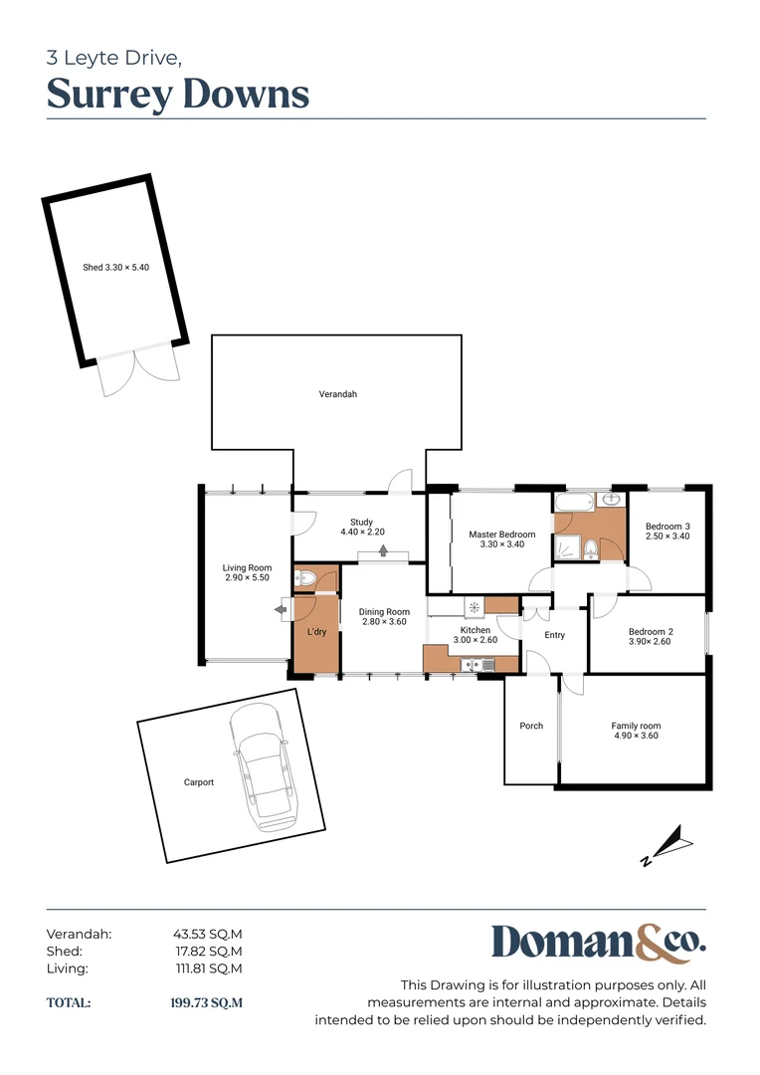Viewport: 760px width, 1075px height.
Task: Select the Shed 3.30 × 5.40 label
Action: point(115,268)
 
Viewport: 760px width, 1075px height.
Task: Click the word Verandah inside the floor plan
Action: point(337,395)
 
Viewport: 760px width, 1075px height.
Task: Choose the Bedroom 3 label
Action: point(667,532)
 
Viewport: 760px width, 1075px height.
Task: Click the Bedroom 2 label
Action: point(651,637)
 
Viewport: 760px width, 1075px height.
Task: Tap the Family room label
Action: point(636,731)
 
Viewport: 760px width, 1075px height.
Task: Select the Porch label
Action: point(531,726)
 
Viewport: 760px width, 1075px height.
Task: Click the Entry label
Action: point(554,635)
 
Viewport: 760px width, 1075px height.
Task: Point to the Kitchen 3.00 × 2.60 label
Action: point(475,635)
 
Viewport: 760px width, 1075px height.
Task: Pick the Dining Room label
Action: point(384,617)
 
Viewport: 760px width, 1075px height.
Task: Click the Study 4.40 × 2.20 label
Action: point(362,528)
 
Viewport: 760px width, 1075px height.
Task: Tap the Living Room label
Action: point(247,572)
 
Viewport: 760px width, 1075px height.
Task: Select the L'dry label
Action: point(316,632)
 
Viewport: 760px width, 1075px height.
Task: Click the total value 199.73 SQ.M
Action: point(206,1002)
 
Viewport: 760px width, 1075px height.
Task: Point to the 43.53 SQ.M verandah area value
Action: point(208,934)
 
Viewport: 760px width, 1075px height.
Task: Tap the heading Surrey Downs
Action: point(178,95)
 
